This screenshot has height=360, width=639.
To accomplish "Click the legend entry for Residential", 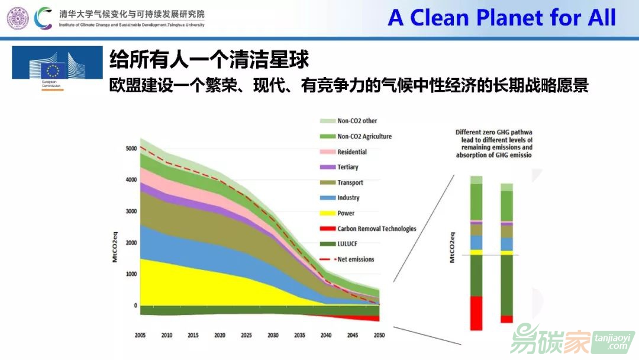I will [x=351, y=152].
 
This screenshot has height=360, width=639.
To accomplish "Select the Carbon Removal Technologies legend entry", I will [x=376, y=229].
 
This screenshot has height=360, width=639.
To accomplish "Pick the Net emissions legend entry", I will [x=355, y=259].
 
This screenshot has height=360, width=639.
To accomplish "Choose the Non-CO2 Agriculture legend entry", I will [x=364, y=136].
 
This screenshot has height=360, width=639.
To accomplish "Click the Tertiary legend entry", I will [x=347, y=167].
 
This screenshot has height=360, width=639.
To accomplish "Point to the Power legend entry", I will [x=346, y=213].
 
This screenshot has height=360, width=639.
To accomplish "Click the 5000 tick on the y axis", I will [x=131, y=149].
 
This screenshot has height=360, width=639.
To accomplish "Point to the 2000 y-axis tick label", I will [x=131, y=243].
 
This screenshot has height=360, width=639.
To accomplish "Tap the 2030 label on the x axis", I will [x=273, y=336].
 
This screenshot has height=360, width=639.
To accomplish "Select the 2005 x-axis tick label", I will [x=140, y=336].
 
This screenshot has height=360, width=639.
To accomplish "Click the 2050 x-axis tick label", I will [x=379, y=336].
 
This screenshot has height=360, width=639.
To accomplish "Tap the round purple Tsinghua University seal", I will [x=18, y=18].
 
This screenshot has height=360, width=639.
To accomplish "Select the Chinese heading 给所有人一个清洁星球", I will [x=210, y=59].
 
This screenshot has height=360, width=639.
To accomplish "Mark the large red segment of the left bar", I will [x=476, y=313].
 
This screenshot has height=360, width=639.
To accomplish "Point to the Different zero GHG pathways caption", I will [x=494, y=144].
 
